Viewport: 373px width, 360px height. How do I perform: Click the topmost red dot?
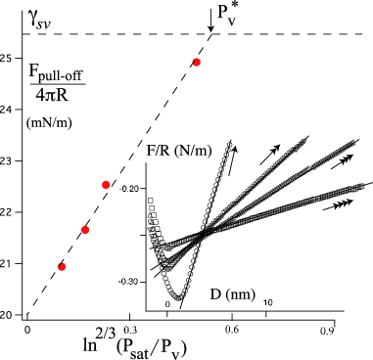pos(196,62)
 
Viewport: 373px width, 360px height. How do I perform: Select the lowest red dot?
pos(62,266)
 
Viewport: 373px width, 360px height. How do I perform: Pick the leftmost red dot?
pos(62,266)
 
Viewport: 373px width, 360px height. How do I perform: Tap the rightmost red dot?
pos(196,62)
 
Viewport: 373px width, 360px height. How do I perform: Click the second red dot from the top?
pos(106,184)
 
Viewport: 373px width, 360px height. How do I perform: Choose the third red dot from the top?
pos(85,230)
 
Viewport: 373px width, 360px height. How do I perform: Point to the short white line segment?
pos(213,162)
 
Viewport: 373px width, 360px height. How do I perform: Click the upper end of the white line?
pos(216,150)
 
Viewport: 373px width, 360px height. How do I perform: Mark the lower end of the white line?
pos(210,176)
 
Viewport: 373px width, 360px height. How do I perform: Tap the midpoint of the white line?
pos(213,162)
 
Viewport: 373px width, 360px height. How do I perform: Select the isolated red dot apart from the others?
pos(196,62)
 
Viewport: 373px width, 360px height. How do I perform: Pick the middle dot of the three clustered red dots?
pos(85,230)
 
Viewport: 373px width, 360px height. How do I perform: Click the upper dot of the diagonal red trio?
pos(106,184)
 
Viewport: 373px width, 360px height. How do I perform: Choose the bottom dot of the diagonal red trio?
pos(62,266)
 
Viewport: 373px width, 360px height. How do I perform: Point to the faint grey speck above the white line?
pos(231,139)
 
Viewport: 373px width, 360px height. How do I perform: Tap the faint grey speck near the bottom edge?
pos(179,309)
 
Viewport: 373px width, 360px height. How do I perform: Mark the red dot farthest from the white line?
pos(62,266)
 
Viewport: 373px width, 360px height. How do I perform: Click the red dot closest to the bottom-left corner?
pos(62,266)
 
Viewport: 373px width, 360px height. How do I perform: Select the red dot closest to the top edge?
pos(196,62)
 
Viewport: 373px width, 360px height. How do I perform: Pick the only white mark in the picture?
pos(213,162)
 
